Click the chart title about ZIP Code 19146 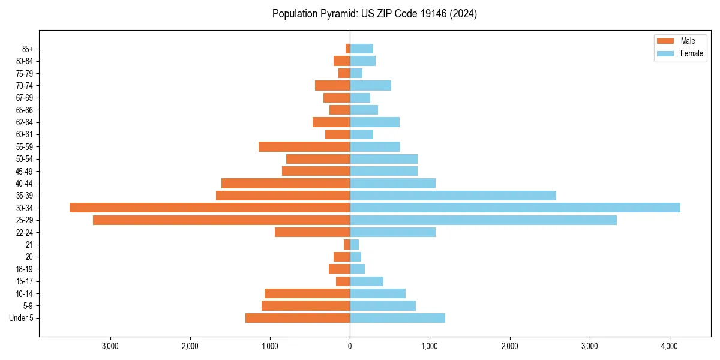click(374, 14)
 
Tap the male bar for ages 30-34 click(209, 208)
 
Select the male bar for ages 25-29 click(221, 220)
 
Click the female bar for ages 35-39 click(453, 196)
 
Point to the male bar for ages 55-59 click(304, 146)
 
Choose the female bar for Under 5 click(397, 318)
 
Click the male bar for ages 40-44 click(286, 183)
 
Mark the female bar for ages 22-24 click(392, 232)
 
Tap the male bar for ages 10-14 click(307, 293)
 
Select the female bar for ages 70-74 click(370, 85)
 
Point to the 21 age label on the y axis click(29, 245)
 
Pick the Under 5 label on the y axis click(21, 318)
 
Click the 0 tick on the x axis click(350, 346)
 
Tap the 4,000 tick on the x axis click(670, 346)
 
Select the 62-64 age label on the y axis click(24, 122)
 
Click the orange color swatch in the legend click(666, 41)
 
